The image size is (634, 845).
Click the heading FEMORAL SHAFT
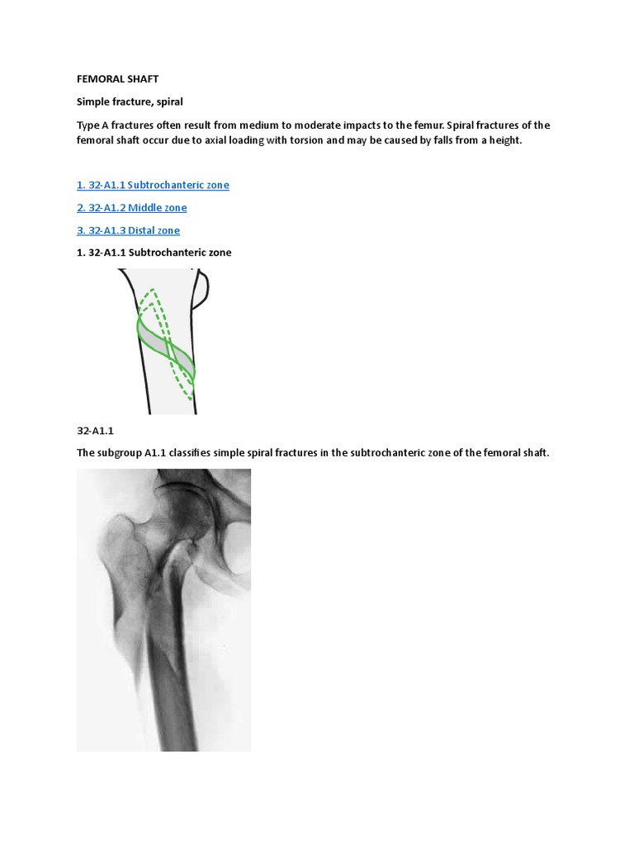click(x=117, y=78)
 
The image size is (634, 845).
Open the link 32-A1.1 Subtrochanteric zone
click(x=153, y=185)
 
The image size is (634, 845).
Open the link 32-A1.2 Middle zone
click(x=131, y=207)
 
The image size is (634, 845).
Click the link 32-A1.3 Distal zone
click(x=128, y=230)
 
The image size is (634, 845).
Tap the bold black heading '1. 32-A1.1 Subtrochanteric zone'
click(x=154, y=253)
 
